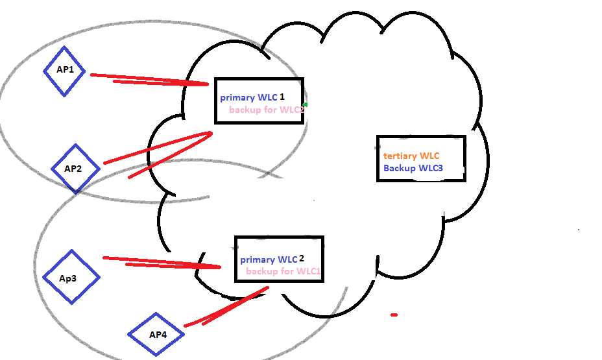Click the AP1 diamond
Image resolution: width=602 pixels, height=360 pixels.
pyautogui.click(x=64, y=71)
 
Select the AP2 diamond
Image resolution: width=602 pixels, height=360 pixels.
pyautogui.click(x=75, y=168)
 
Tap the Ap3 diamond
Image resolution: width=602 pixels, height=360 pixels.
pyautogui.click(x=71, y=277)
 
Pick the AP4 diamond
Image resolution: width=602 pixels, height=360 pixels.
pyautogui.click(x=156, y=334)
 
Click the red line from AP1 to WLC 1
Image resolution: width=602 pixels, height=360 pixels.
pyautogui.click(x=149, y=80)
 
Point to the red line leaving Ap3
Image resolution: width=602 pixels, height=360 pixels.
pyautogui.click(x=162, y=263)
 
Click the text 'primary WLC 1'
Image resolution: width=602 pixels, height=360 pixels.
pyautogui.click(x=252, y=97)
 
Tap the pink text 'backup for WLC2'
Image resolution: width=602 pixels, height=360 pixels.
pyautogui.click(x=267, y=110)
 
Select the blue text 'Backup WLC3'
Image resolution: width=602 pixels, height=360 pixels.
pyautogui.click(x=413, y=168)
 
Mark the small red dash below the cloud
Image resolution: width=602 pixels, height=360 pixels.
pyautogui.click(x=394, y=315)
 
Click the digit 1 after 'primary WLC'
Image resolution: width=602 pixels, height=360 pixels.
pyautogui.click(x=282, y=97)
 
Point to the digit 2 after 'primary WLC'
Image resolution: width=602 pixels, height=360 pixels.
pyautogui.click(x=302, y=258)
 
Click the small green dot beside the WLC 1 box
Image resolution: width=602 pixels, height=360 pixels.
pyautogui.click(x=305, y=104)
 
